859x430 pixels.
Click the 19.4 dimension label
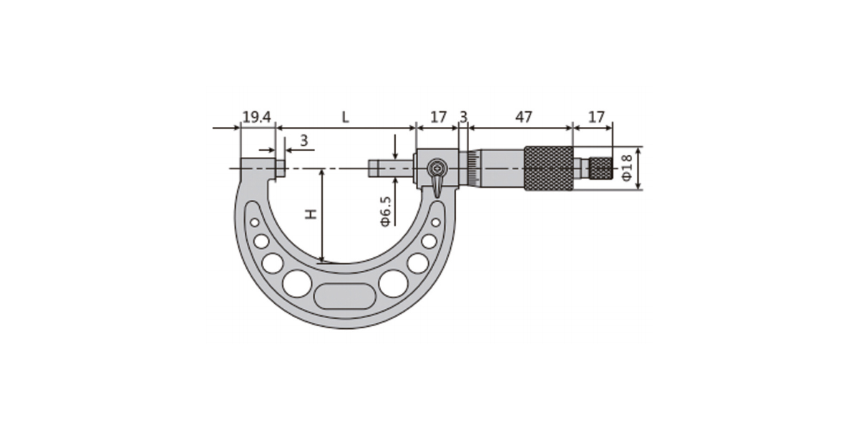click(256, 117)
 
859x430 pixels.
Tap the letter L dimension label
click(346, 117)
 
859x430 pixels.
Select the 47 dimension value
click(523, 117)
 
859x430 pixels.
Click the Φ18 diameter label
click(626, 168)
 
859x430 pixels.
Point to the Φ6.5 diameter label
click(386, 211)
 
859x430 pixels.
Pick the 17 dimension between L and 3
click(438, 117)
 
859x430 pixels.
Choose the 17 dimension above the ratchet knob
click(596, 117)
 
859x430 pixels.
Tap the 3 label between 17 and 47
click(464, 117)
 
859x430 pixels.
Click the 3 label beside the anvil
click(304, 140)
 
